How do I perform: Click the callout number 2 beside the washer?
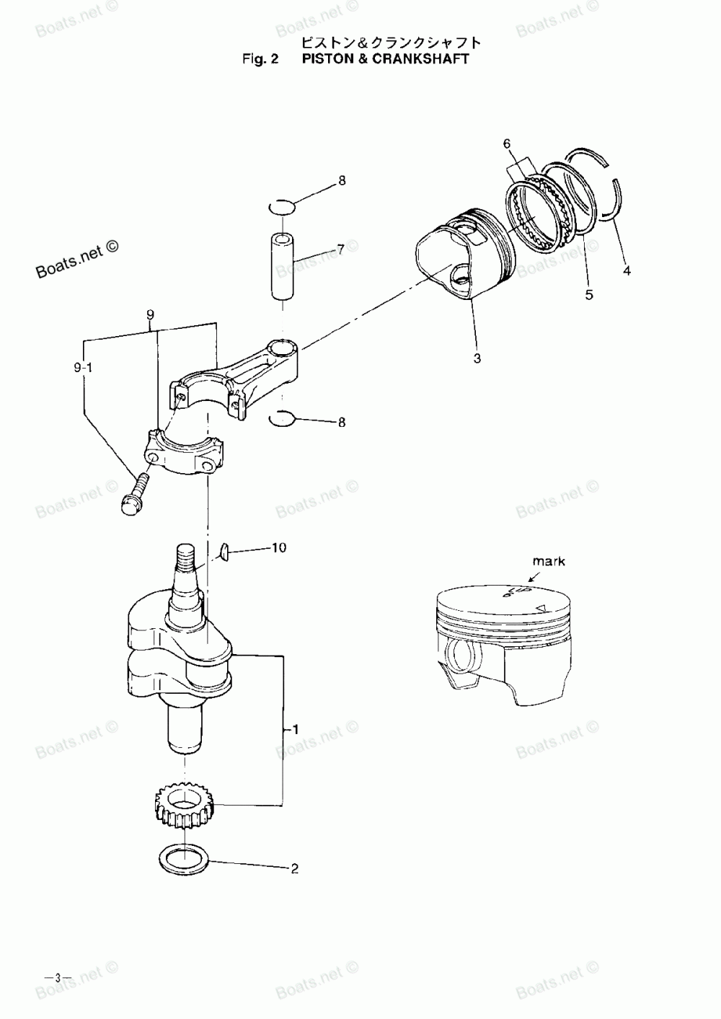pyautogui.click(x=294, y=869)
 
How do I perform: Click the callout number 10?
pyautogui.click(x=278, y=548)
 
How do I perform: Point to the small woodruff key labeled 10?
pyautogui.click(x=224, y=552)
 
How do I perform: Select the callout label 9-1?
pyautogui.click(x=84, y=369)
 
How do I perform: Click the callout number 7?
pyautogui.click(x=340, y=250)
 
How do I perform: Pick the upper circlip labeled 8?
pyautogui.click(x=280, y=207)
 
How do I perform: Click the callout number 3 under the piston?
pyautogui.click(x=477, y=358)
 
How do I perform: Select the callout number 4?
pyautogui.click(x=627, y=272)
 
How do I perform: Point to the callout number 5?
pyautogui.click(x=590, y=295)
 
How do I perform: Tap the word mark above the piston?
pyautogui.click(x=549, y=561)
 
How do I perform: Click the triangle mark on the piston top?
pyautogui.click(x=539, y=608)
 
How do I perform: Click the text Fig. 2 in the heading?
pyautogui.click(x=260, y=58)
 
